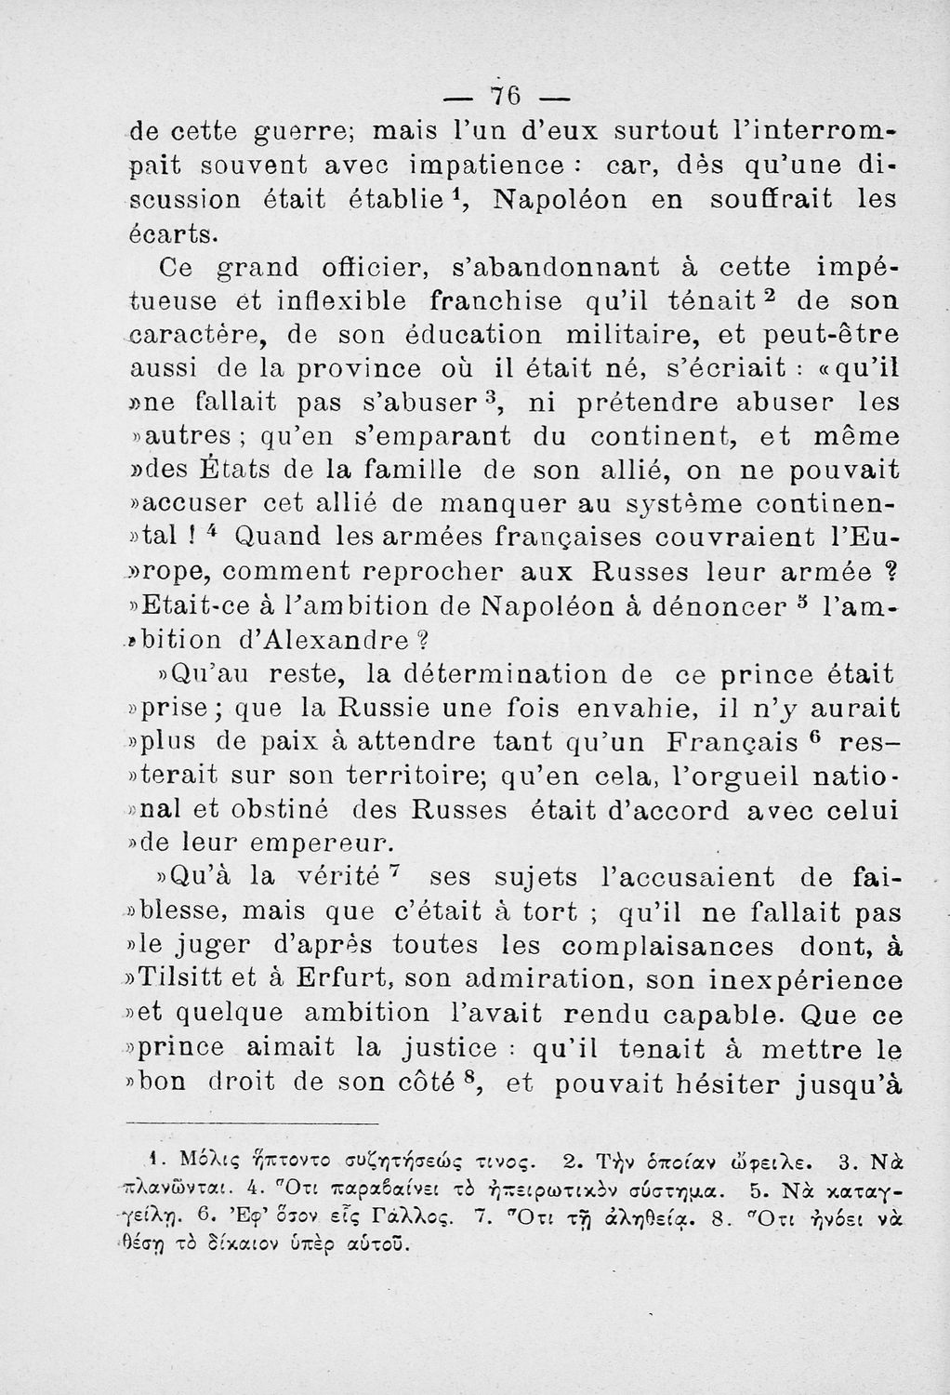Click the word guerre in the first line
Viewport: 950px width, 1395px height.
(x=267, y=133)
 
